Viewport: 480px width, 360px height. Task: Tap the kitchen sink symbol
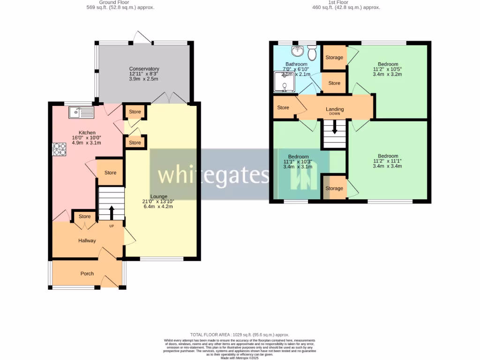pyautogui.click(x=81, y=112)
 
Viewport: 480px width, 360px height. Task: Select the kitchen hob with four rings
pyautogui.click(x=59, y=149)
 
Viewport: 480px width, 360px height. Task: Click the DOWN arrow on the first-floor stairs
pyautogui.click(x=334, y=128)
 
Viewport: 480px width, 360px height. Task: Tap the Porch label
pyautogui.click(x=87, y=274)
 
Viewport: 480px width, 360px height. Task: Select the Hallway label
pyautogui.click(x=87, y=240)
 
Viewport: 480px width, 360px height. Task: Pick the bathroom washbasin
pyautogui.click(x=297, y=51)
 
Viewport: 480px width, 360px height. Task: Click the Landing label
pyautogui.click(x=335, y=109)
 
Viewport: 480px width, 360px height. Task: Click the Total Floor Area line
pyautogui.click(x=240, y=335)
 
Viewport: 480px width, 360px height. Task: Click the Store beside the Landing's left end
pyautogui.click(x=283, y=107)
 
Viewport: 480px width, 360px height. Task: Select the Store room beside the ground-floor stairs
pyautogui.click(x=110, y=172)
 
